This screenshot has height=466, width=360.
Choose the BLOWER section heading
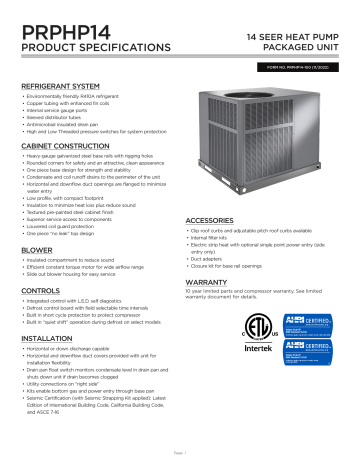coord(37,250)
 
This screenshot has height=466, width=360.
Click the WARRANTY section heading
coord(211,312)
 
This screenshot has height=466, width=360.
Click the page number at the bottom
coord(180,457)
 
